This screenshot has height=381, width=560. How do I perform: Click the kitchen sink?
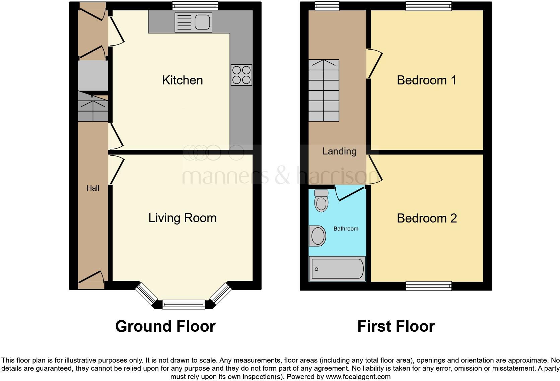[x=194, y=22]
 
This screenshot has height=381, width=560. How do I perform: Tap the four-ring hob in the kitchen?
[x=241, y=75]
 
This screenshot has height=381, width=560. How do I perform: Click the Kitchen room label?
[x=182, y=80]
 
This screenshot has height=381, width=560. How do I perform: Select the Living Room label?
[x=182, y=218]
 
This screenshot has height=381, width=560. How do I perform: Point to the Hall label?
[x=93, y=188]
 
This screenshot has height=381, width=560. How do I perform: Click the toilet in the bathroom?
[x=321, y=201]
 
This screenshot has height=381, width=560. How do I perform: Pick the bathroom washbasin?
[x=318, y=236]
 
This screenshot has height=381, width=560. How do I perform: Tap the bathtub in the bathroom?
[x=337, y=269]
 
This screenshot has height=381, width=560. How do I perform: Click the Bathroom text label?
[x=346, y=229]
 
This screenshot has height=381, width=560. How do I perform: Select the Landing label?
[x=339, y=151]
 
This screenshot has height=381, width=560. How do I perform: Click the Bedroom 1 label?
[x=426, y=80]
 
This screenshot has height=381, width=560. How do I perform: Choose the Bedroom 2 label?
[x=427, y=218]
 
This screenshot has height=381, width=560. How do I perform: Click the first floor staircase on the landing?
[x=324, y=90]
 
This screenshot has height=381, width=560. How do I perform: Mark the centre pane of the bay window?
[x=184, y=305]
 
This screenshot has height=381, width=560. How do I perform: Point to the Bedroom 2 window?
[x=428, y=286]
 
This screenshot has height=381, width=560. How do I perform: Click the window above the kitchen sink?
[x=195, y=6]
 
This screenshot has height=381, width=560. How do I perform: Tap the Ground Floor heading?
[x=165, y=326]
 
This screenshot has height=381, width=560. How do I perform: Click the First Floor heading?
[x=396, y=326]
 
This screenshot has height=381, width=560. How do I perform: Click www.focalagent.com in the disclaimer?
[x=358, y=377]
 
